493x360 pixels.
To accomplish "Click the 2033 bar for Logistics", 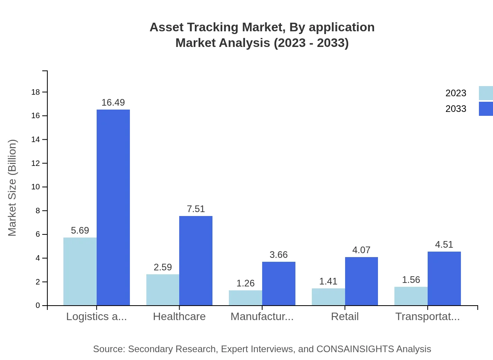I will (113, 207).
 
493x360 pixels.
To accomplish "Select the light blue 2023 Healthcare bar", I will (163, 290).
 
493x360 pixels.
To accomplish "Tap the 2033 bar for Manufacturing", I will (279, 283).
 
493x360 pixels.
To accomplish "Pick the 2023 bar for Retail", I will (328, 297).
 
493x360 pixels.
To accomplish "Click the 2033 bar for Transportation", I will (444, 278).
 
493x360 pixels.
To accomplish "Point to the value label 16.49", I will (113, 103).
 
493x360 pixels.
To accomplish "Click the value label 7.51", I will (196, 209).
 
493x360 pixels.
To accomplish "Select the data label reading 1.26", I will (245, 283).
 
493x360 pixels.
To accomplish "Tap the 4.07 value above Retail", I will (361, 250).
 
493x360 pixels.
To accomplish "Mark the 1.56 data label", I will (411, 280).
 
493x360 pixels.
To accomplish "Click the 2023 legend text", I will (456, 93).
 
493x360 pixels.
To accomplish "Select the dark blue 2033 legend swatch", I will (486, 109).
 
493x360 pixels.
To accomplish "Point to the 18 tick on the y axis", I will (36, 92).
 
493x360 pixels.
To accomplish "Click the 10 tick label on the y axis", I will (36, 187).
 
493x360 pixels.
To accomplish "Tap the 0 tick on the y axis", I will (38, 306).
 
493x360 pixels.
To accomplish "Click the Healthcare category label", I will (179, 317).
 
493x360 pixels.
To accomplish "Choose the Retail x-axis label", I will (345, 317).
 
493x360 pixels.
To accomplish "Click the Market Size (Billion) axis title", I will (13, 188).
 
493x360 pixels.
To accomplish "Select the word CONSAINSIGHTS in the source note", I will (355, 349).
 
